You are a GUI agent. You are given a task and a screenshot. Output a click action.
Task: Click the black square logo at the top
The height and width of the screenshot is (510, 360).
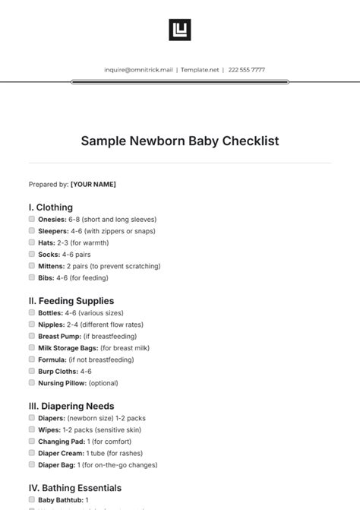(x=179, y=30)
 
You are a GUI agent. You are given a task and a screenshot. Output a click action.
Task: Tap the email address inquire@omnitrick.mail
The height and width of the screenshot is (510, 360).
(x=140, y=70)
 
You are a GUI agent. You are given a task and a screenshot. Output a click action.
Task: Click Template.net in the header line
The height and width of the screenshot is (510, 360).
(x=200, y=70)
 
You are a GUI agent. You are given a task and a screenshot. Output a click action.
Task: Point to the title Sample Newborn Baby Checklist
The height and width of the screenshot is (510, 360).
(x=180, y=141)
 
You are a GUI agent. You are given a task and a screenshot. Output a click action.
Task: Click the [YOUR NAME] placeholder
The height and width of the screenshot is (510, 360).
(x=93, y=184)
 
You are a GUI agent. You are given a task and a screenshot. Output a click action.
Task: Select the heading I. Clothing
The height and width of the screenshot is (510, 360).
(x=51, y=207)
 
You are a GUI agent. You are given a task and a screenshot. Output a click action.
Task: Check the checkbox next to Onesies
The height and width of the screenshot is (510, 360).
(x=32, y=219)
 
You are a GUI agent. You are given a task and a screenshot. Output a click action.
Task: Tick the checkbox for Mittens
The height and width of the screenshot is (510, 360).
(x=32, y=266)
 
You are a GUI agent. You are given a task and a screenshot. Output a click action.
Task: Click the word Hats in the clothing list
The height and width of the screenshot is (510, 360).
(x=46, y=242)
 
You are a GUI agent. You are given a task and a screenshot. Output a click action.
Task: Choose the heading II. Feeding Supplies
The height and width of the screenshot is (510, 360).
(x=71, y=301)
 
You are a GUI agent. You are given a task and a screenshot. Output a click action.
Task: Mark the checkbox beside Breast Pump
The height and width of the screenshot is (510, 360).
(x=32, y=336)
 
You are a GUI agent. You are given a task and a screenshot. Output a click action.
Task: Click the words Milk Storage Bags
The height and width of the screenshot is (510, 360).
(x=65, y=348)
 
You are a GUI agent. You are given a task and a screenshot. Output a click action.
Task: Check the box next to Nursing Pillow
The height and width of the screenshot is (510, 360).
(x=32, y=383)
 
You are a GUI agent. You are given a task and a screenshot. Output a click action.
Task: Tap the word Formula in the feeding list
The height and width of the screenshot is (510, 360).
(x=52, y=360)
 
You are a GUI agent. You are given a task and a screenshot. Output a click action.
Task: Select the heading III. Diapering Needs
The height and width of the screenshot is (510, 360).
(x=71, y=406)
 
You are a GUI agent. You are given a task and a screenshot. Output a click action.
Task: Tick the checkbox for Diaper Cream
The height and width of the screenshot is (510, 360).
(x=32, y=453)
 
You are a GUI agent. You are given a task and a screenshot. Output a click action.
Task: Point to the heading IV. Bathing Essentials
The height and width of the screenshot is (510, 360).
(x=75, y=488)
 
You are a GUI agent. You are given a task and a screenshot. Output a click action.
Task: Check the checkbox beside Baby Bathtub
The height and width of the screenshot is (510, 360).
(x=32, y=500)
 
